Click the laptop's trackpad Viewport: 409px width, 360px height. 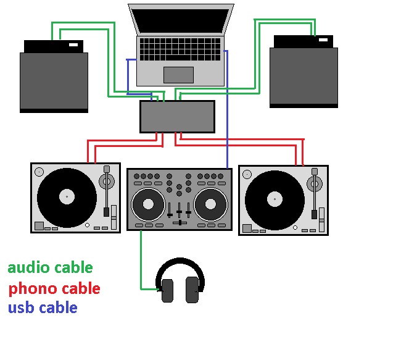click(178, 74)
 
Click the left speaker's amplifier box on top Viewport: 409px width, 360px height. click(53, 46)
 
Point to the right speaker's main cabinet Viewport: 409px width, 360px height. click(304, 77)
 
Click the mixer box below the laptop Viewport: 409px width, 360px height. click(177, 117)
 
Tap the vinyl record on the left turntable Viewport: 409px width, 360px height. click(67, 198)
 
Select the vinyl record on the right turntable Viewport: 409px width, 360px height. click(275, 199)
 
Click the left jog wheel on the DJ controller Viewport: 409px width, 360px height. click(148, 204)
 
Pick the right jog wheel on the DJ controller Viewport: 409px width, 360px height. click(210, 204)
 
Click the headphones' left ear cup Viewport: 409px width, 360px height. click(167, 290)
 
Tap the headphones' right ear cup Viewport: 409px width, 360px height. click(192, 290)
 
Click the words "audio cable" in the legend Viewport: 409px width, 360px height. click(50, 268)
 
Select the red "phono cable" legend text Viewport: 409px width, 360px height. click(54, 288)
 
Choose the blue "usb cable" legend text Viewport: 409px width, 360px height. click(43, 308)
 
